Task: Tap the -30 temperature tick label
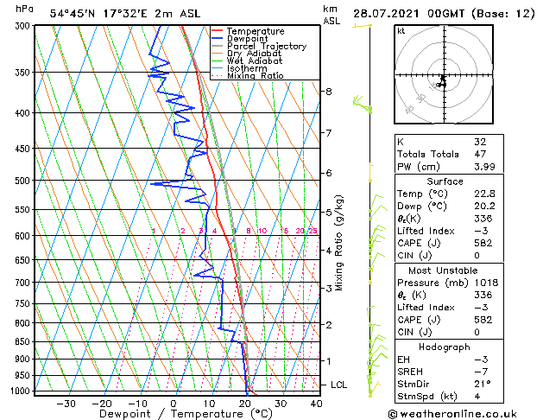66,403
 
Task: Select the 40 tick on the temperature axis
316,403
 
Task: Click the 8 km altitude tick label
329,91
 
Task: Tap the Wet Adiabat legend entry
256,61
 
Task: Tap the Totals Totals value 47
480,154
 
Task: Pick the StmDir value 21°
482,384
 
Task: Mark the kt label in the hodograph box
401,31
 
